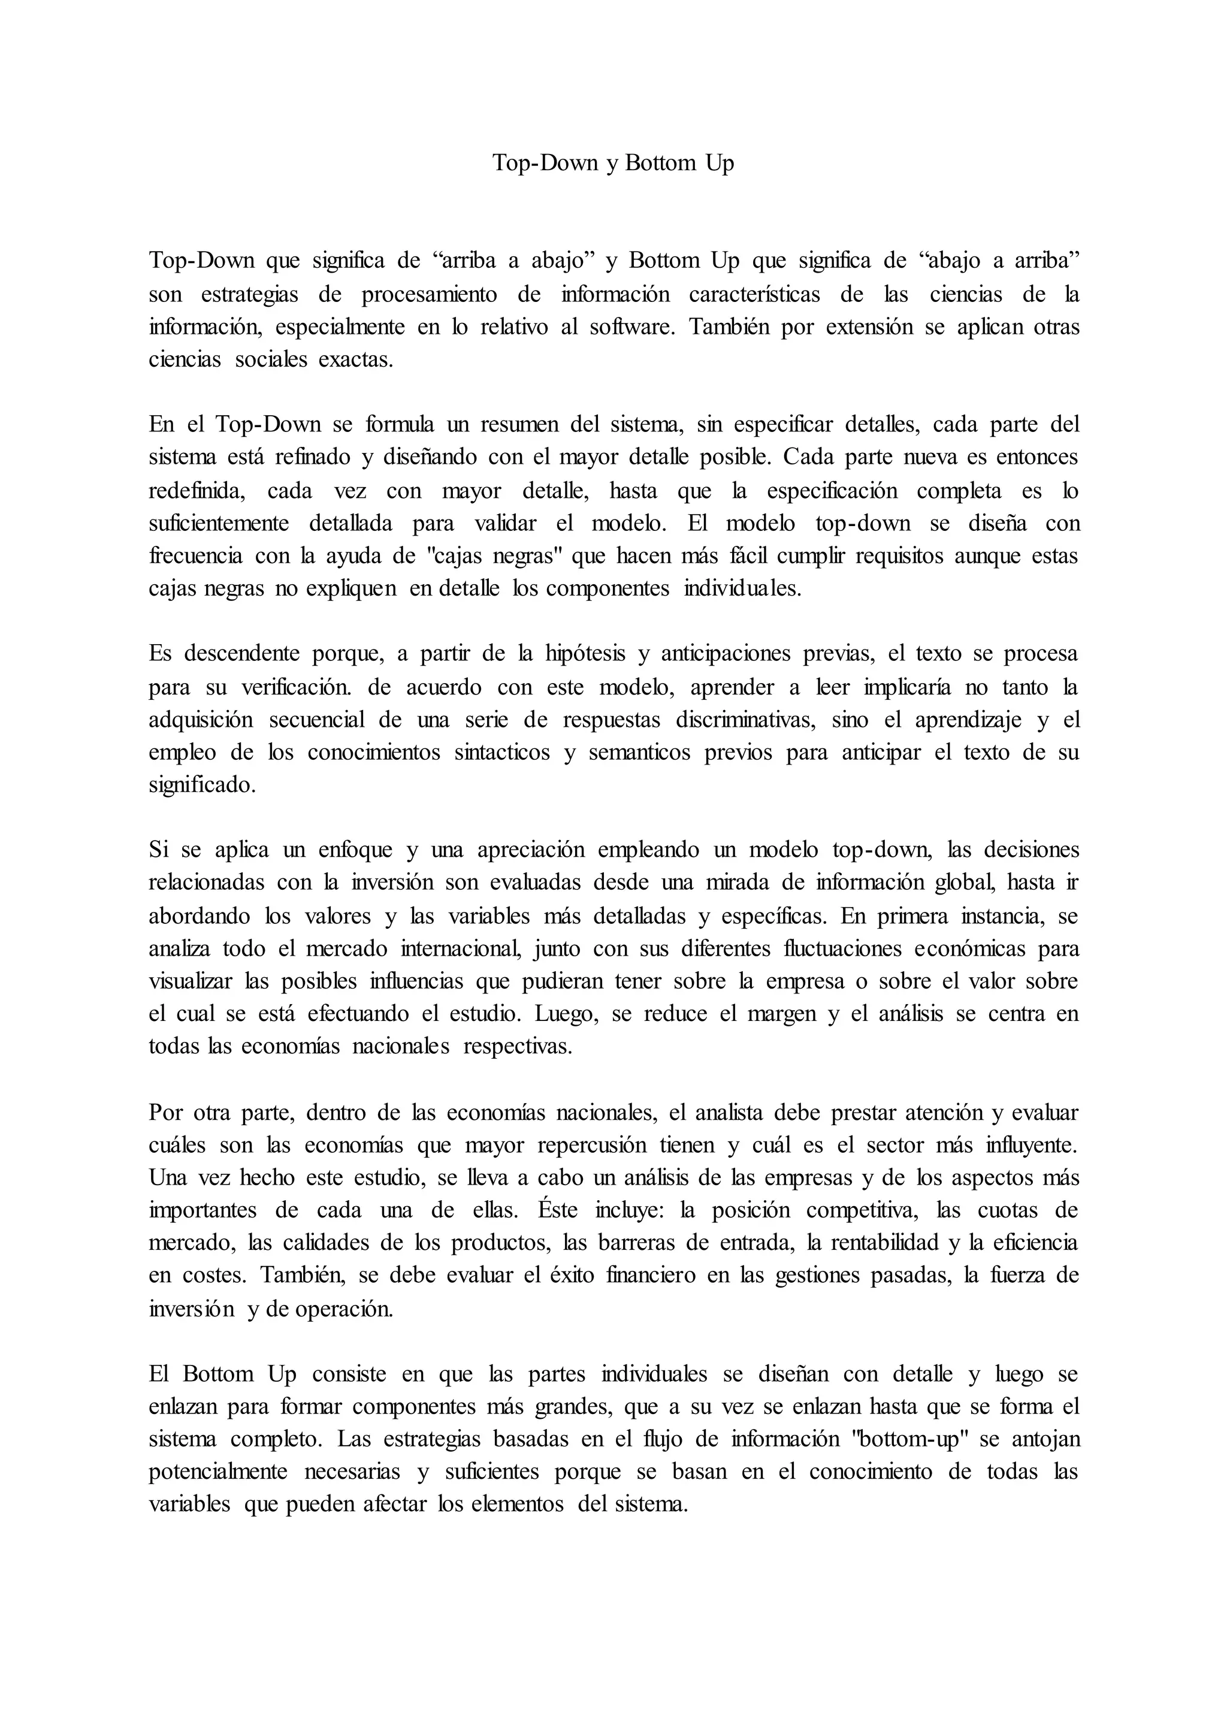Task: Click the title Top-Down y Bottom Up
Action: (x=613, y=163)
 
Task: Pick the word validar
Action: (x=506, y=524)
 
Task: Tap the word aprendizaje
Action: (x=968, y=719)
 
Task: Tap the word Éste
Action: (x=558, y=1210)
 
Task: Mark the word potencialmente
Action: (x=217, y=1472)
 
